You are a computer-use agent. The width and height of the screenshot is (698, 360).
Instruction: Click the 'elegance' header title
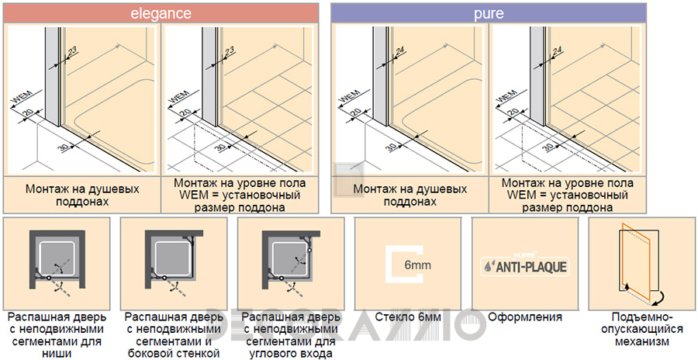pyautogui.click(x=161, y=13)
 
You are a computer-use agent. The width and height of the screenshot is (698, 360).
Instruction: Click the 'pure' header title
pyautogui.click(x=489, y=13)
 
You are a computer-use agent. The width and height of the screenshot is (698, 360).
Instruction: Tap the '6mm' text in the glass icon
pyautogui.click(x=417, y=265)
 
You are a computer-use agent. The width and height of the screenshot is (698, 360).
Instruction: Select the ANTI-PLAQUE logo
pyautogui.click(x=525, y=265)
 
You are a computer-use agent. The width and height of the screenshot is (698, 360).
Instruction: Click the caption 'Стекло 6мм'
pyautogui.click(x=408, y=317)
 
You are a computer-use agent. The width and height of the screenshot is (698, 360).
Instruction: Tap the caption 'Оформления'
pyautogui.click(x=525, y=317)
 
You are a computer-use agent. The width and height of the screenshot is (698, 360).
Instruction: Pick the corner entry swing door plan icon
pyautogui.click(x=291, y=262)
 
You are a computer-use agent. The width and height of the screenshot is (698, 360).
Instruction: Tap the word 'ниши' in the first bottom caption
pyautogui.click(x=57, y=355)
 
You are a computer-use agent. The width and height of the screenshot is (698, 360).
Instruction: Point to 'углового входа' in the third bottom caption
pyautogui.click(x=291, y=355)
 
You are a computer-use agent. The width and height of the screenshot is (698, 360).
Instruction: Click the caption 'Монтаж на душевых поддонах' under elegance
pyautogui.click(x=82, y=195)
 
